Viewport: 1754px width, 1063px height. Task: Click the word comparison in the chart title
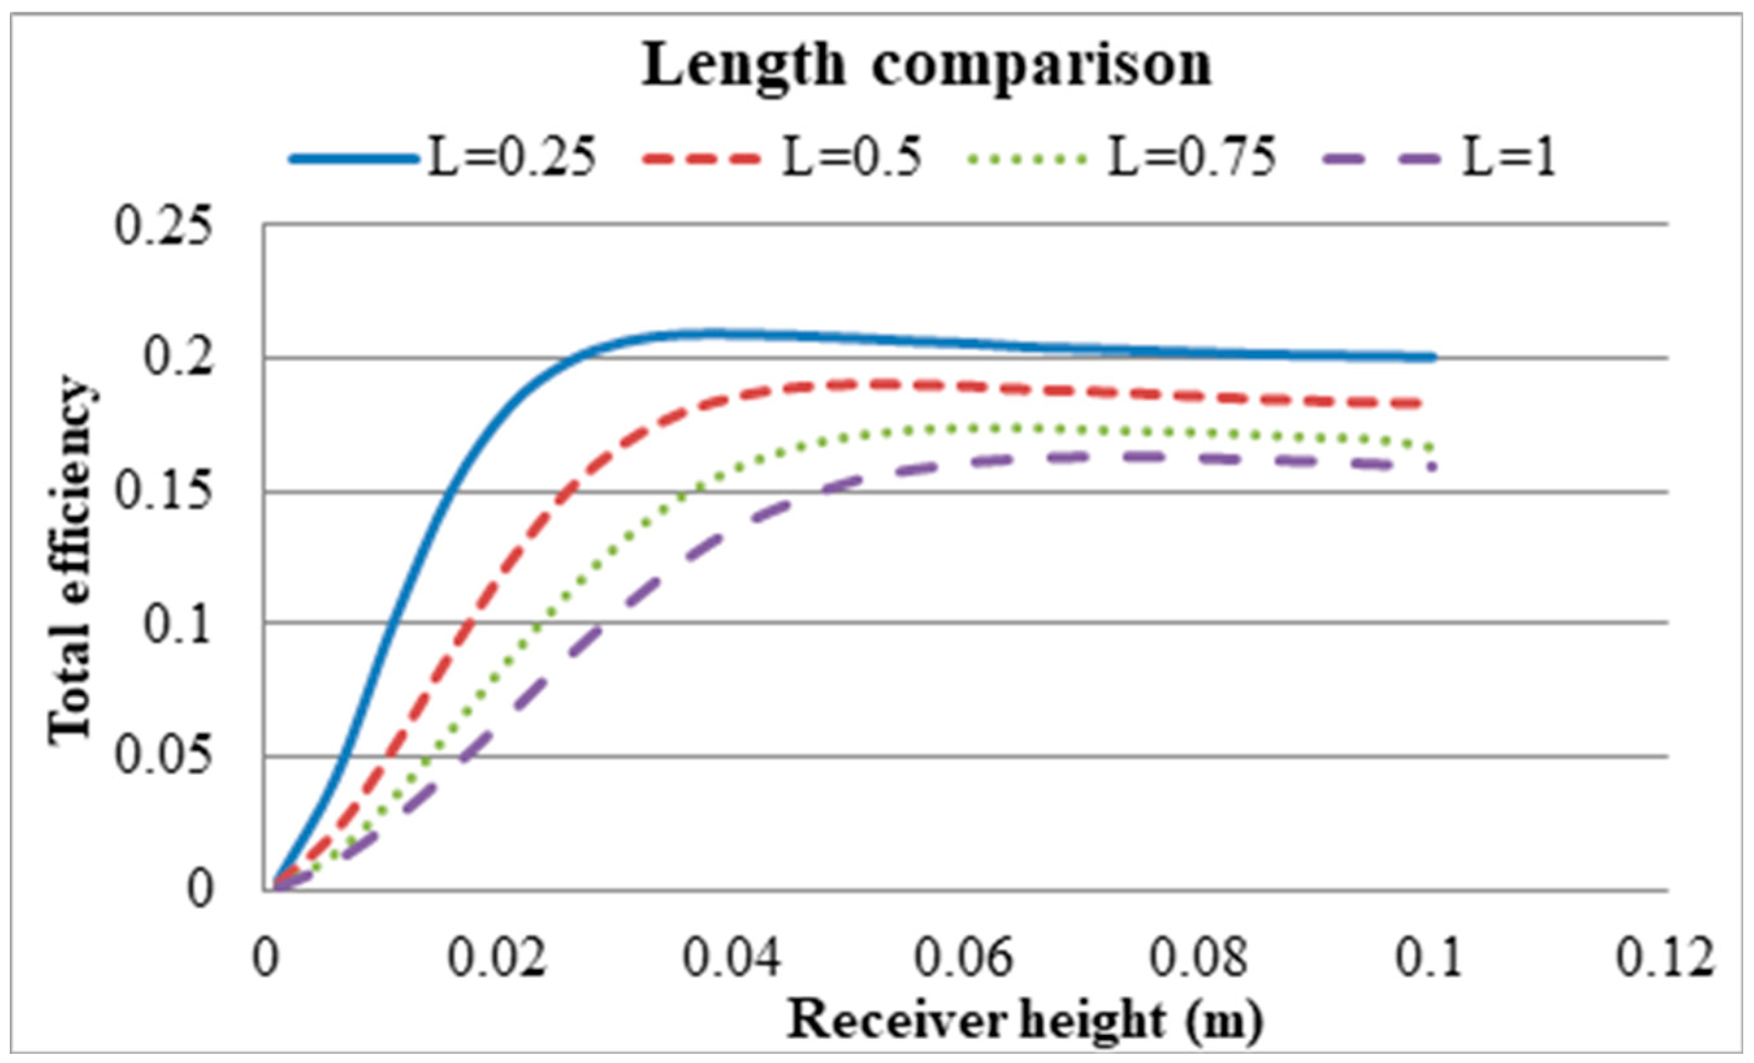[1042, 66]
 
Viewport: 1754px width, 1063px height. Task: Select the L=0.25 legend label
[511, 158]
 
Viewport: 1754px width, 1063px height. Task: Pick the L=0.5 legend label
[852, 158]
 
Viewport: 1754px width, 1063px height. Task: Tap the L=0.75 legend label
[1191, 158]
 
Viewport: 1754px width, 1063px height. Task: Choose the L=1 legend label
[1508, 158]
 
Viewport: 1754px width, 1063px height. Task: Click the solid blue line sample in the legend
[354, 159]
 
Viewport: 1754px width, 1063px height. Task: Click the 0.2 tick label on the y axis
[178, 359]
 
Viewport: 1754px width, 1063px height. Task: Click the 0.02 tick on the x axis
[497, 958]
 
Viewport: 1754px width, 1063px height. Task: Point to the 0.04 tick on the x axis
[732, 958]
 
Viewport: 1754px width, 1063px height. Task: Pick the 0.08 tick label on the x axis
[1199, 958]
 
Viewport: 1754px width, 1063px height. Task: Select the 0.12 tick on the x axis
[1664, 958]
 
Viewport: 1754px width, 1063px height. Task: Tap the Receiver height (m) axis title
[1024, 1021]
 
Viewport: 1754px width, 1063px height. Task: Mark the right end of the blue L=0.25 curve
[1432, 357]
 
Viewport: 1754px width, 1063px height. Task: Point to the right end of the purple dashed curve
[1431, 467]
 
